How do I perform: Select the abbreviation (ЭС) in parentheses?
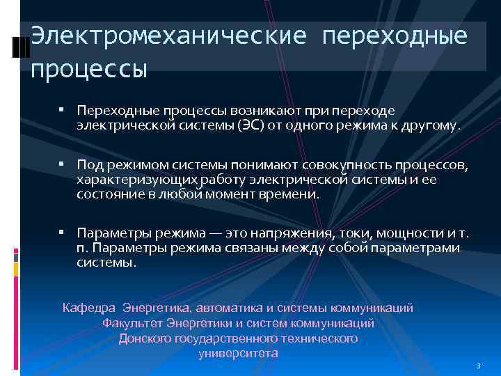255,126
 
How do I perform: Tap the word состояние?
106,195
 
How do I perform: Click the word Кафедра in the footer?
90,307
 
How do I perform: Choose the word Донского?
147,338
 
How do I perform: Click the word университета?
239,353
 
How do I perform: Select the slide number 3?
478,366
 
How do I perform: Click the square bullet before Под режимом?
63,164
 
